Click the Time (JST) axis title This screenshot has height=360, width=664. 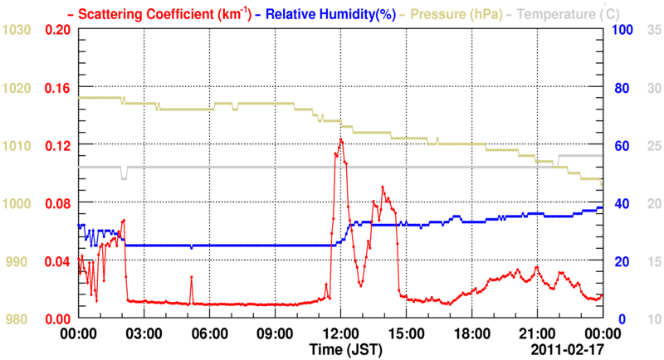tap(346, 349)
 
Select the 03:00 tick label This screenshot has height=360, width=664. tap(144, 333)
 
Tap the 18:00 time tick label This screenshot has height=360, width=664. tap(471, 333)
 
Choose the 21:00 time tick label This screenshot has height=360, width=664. tap(537, 333)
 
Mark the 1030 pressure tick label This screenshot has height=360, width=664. tap(17, 29)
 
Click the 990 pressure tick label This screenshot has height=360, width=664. tap(17, 261)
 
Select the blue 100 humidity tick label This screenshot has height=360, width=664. tap(622, 29)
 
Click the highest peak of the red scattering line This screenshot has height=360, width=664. tap(341, 139)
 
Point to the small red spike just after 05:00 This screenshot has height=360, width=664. tap(191, 277)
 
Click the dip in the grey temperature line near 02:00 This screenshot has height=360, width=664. tap(124, 177)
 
